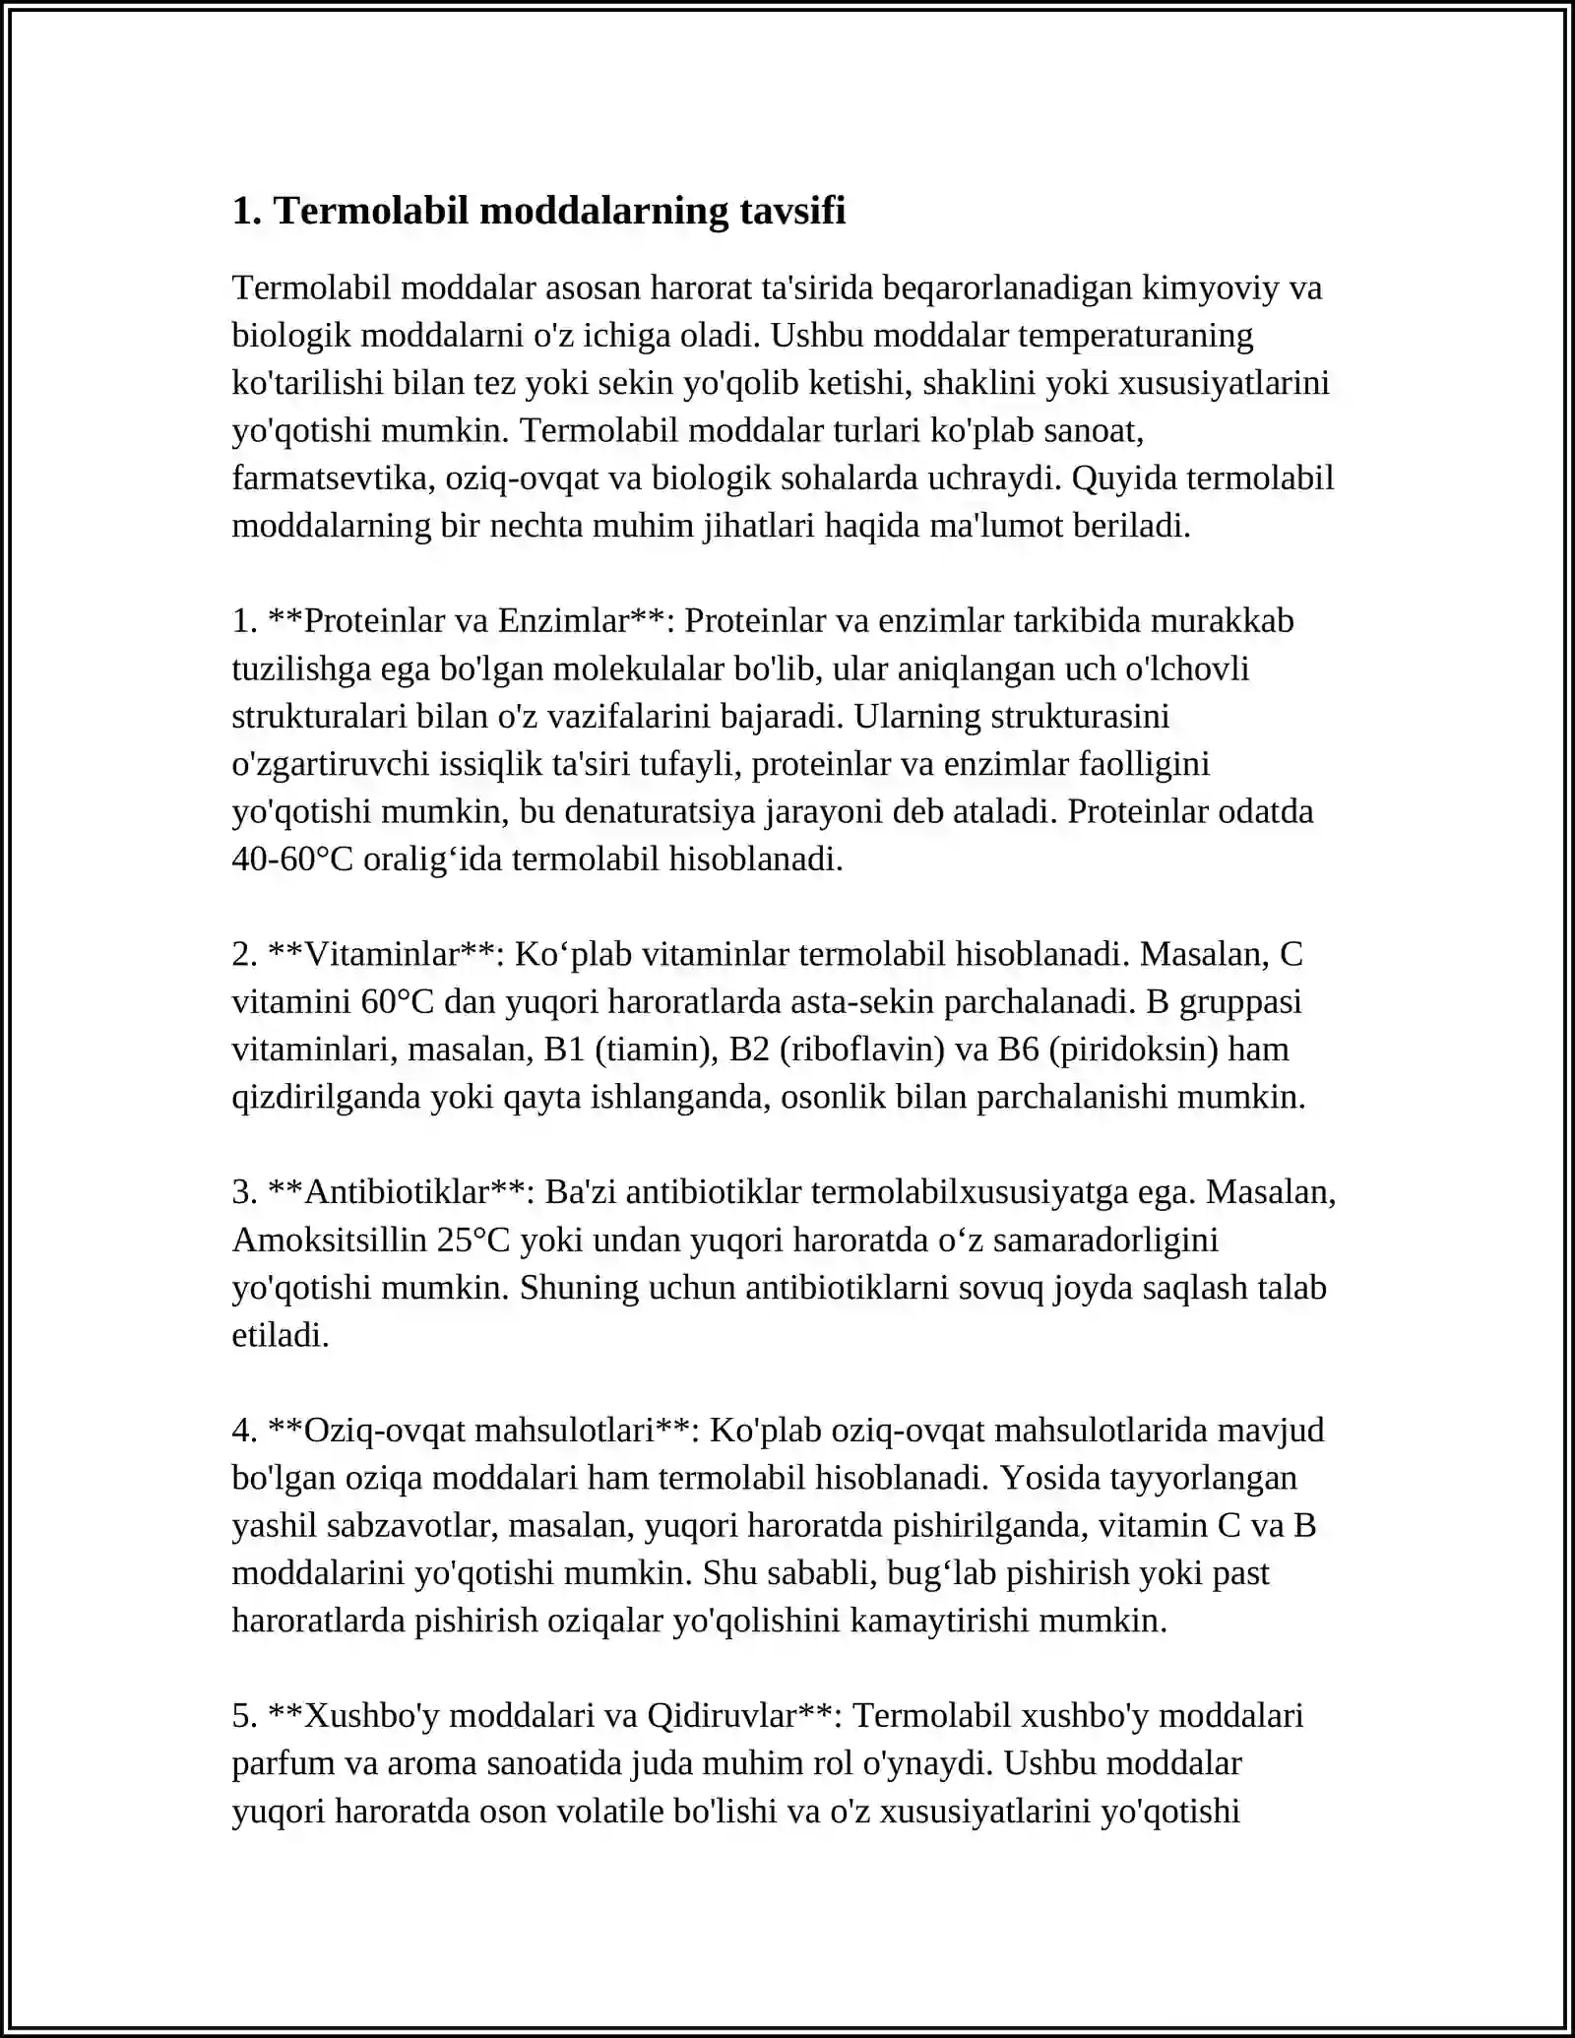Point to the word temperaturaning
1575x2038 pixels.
tap(1135, 336)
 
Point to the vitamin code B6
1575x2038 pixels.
tap(1018, 1050)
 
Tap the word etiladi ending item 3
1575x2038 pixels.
tap(280, 1335)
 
